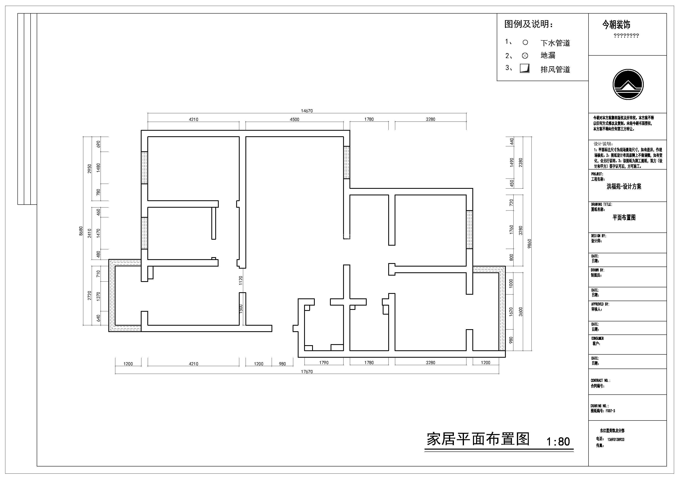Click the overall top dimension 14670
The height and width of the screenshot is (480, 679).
[x=307, y=111]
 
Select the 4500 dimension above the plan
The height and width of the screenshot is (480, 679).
[x=294, y=119]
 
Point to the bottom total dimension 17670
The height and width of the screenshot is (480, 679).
[x=307, y=372]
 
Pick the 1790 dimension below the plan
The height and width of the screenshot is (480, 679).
[x=324, y=363]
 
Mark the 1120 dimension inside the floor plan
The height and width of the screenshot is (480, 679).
[x=241, y=280]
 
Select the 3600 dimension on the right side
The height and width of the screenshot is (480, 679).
[x=521, y=312]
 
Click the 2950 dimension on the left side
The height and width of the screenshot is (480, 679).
[x=90, y=168]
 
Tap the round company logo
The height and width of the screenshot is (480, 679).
[x=628, y=85]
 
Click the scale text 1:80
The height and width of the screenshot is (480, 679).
[x=558, y=442]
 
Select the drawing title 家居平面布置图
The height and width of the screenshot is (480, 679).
[x=478, y=440]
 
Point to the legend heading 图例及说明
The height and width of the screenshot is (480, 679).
[x=528, y=24]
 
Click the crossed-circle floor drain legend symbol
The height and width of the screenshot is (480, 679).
[x=525, y=56]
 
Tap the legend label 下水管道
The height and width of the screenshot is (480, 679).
[x=555, y=43]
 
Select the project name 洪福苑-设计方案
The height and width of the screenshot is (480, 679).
[x=624, y=187]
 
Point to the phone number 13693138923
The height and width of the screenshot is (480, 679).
[x=616, y=440]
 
